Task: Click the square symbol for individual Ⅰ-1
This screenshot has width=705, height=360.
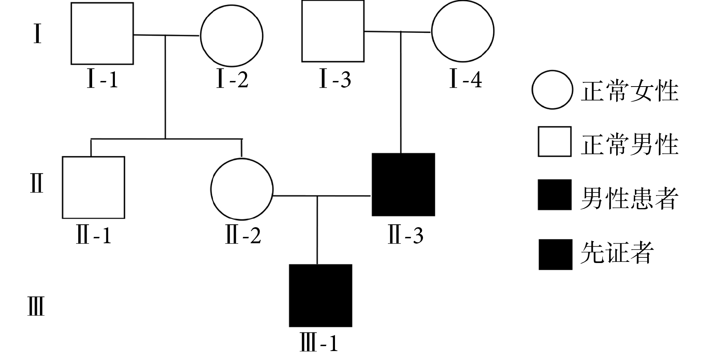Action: (102, 34)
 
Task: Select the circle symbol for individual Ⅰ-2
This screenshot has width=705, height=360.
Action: (232, 36)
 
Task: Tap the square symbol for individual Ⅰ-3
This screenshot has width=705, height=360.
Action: (333, 31)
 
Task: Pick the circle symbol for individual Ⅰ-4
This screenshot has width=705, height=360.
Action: (463, 31)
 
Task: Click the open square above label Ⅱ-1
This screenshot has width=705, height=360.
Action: (93, 187)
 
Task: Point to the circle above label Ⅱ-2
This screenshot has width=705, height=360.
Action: (242, 189)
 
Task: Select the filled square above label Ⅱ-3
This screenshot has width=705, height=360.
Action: (403, 185)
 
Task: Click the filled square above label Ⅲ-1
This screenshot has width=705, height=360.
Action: (320, 295)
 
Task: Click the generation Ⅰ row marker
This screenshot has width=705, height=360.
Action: (37, 34)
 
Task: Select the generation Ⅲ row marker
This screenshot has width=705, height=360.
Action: (36, 306)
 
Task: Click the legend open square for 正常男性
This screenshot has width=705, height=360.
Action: (554, 142)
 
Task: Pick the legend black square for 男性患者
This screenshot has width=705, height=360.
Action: (554, 195)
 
